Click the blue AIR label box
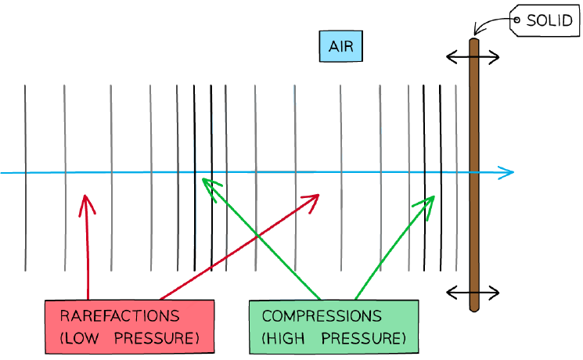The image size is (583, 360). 341,46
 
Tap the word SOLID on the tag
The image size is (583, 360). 549,20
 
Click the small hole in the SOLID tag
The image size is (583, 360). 516,20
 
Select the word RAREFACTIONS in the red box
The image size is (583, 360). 120,316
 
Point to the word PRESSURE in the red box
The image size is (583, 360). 157,338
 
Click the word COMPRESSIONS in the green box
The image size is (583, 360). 322,316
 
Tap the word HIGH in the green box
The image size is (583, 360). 283,338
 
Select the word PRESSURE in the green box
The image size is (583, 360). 363,338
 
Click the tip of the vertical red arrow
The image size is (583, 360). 85,195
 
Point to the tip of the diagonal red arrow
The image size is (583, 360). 319,195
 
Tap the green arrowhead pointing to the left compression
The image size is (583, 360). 202,179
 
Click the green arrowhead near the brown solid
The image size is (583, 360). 434,196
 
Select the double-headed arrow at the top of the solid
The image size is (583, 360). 473,57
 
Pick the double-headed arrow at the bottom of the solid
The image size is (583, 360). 473,293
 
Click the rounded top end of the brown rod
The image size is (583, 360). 473,40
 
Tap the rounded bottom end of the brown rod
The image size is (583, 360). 474,309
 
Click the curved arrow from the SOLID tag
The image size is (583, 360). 488,22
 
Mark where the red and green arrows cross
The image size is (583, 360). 257,236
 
